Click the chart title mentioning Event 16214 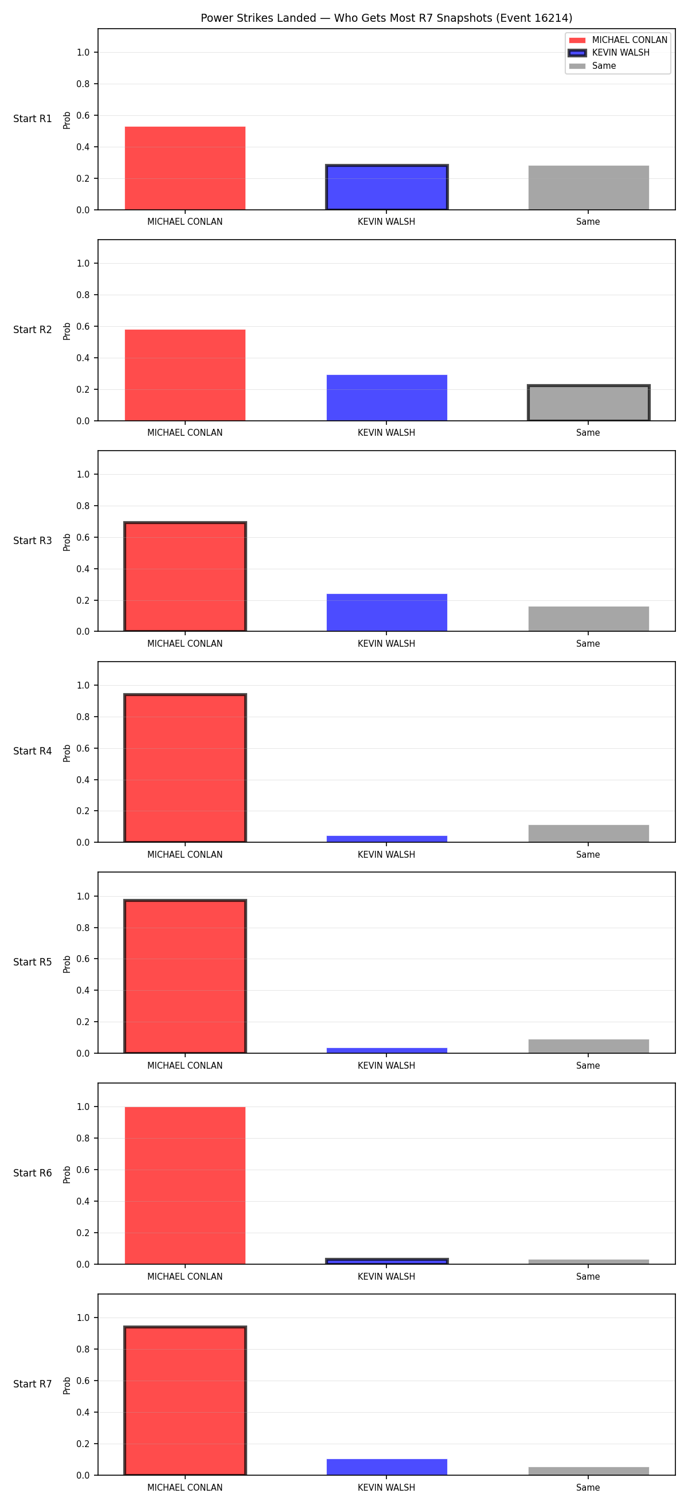[386, 18]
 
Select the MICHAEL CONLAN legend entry [618, 40]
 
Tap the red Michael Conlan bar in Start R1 [185, 168]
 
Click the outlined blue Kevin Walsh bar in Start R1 [386, 187]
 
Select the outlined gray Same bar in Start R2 [589, 403]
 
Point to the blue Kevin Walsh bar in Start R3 [386, 613]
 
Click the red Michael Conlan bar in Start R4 [185, 768]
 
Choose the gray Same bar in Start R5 [589, 1046]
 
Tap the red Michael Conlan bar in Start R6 [185, 1186]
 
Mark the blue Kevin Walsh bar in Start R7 [386, 1467]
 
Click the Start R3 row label [33, 541]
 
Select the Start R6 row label [33, 1173]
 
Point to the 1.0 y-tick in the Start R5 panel [83, 896]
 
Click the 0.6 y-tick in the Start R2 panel [83, 327]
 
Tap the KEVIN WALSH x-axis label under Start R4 [386, 855]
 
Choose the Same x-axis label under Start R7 [588, 1487]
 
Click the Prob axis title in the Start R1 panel [67, 120]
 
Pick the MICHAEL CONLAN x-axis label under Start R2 [185, 433]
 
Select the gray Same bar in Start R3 [589, 619]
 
